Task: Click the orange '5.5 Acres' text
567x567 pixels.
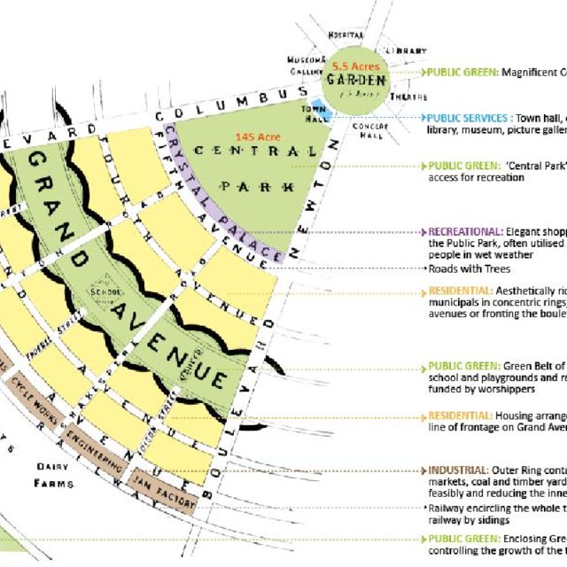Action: coord(354,66)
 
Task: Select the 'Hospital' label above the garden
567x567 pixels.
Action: coord(346,34)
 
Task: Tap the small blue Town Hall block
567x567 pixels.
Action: coord(323,114)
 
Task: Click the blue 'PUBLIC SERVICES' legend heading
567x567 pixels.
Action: coord(470,117)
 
